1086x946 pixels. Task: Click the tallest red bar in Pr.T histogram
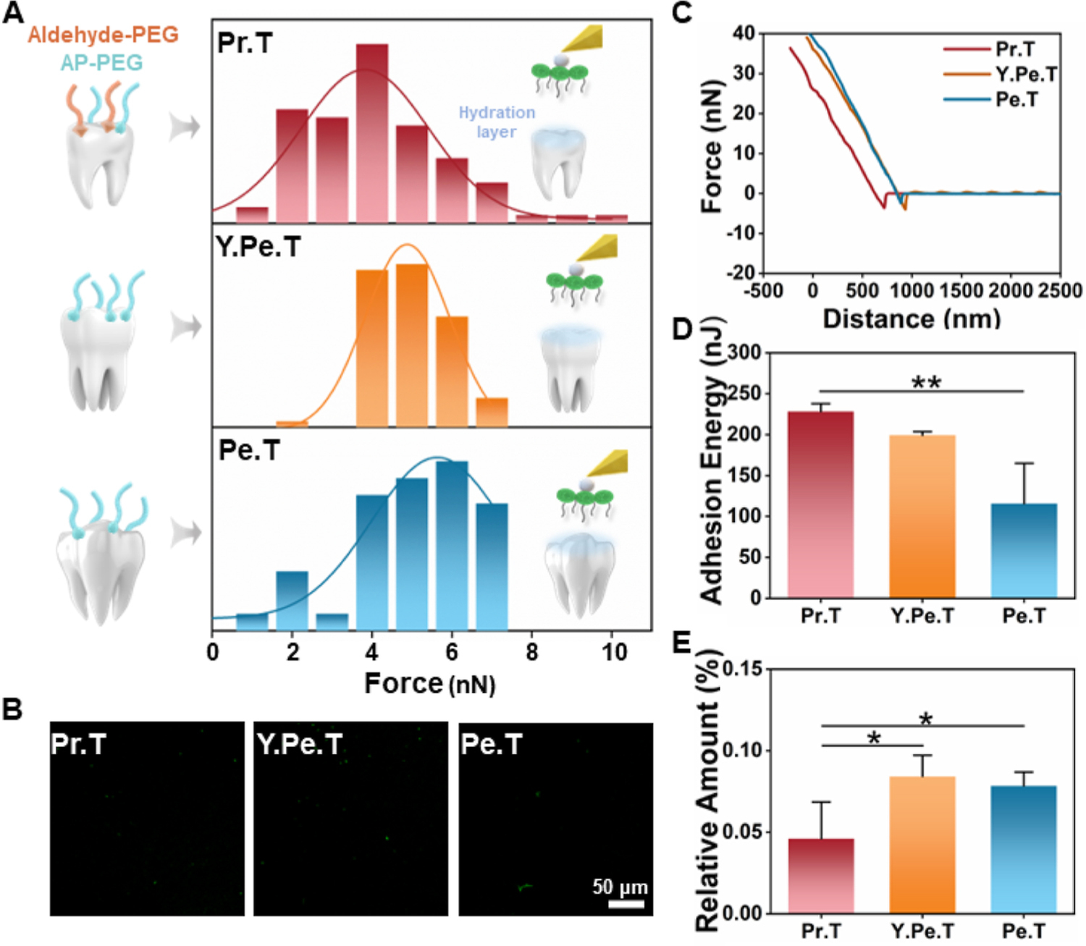pyautogui.click(x=371, y=133)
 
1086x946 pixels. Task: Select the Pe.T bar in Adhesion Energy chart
pyautogui.click(x=1024, y=550)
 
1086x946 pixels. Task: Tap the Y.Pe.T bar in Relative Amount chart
pyautogui.click(x=922, y=845)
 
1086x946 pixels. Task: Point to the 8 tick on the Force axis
pyautogui.click(x=532, y=651)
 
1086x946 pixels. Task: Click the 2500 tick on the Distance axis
pyautogui.click(x=1060, y=291)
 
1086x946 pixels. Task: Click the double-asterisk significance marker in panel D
pyautogui.click(x=926, y=382)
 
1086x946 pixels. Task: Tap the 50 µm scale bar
pyautogui.click(x=626, y=904)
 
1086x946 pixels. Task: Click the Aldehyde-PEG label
pyautogui.click(x=103, y=35)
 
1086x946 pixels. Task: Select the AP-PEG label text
pyautogui.click(x=101, y=63)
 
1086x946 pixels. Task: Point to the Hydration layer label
pyautogui.click(x=497, y=122)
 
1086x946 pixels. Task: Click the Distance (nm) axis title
pyautogui.click(x=912, y=318)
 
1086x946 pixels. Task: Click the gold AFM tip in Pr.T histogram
pyautogui.click(x=584, y=38)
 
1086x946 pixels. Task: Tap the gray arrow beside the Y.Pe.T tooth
pyautogui.click(x=185, y=326)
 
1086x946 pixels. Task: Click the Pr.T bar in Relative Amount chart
pyautogui.click(x=821, y=876)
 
